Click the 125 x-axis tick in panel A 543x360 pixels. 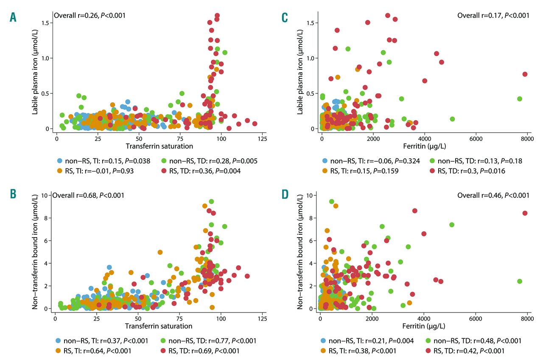(x=262, y=138)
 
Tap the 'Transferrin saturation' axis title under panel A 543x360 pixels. (x=159, y=146)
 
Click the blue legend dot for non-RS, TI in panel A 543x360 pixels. (x=60, y=161)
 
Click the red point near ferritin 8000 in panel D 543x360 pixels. (x=525, y=213)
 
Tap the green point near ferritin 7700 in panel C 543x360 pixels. (x=519, y=98)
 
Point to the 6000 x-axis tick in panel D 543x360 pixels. (x=476, y=318)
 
